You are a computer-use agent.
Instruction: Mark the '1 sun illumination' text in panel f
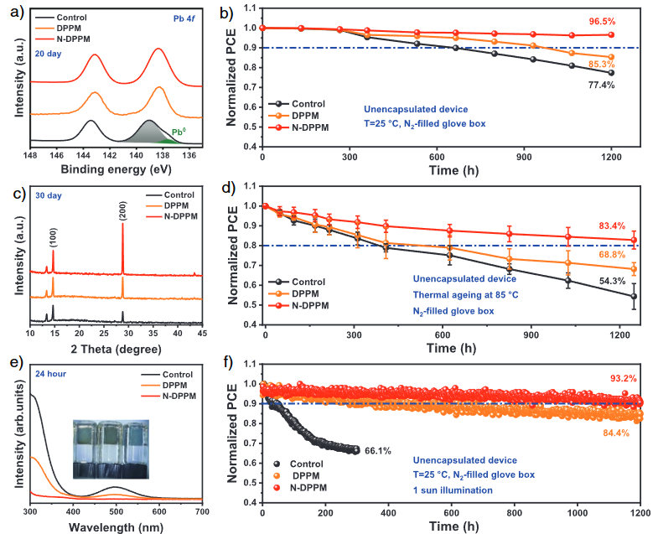(x=459, y=490)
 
